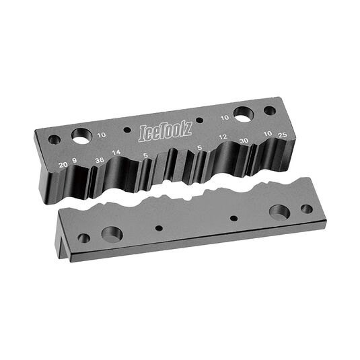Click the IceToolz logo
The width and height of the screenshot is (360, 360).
pos(166,133)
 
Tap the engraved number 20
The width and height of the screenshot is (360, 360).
pos(63,164)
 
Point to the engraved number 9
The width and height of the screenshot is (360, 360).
pos(75,160)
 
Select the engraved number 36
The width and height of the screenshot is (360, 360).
pos(100,160)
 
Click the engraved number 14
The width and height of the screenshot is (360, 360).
pos(116,152)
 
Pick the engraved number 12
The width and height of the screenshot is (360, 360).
pos(223,137)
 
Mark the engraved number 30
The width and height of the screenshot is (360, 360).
pos(244,141)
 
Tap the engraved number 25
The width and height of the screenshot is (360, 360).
pos(283,135)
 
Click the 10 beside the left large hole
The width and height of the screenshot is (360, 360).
pos(102,135)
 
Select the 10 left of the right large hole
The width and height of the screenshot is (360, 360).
pos(225,118)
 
